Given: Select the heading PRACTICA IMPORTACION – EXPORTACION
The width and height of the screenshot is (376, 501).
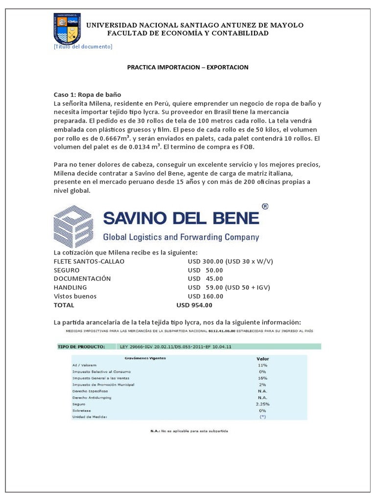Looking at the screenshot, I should click(188, 67).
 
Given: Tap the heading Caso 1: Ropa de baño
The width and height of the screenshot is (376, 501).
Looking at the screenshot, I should click(87, 94).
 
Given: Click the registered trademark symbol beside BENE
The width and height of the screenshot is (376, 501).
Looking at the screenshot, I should click(265, 207).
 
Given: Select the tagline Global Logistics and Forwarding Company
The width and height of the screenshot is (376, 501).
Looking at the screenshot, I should click(181, 237).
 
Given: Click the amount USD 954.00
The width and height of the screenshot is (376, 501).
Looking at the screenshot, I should click(194, 305).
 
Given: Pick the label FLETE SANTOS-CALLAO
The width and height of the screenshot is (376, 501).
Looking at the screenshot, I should click(89, 261).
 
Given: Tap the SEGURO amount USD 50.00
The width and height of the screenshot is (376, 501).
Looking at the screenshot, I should click(205, 270).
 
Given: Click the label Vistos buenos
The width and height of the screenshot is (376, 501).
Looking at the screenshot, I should click(75, 296).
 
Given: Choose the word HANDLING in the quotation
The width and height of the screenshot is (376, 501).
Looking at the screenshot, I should click(70, 288).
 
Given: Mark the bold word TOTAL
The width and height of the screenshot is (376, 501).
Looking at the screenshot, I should click(64, 305).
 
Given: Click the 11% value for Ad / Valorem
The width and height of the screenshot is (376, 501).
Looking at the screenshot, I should click(262, 365).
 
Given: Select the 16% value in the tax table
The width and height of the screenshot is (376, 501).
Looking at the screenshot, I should click(262, 378).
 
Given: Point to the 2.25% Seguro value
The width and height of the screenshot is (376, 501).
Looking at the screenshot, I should click(262, 404).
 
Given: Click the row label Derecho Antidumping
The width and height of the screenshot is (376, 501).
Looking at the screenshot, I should click(92, 398).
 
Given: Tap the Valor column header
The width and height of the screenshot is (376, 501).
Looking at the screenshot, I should click(262, 358).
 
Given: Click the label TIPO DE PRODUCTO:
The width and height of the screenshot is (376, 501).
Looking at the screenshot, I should click(81, 346).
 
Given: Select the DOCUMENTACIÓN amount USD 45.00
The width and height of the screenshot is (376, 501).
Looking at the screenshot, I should click(205, 279).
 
